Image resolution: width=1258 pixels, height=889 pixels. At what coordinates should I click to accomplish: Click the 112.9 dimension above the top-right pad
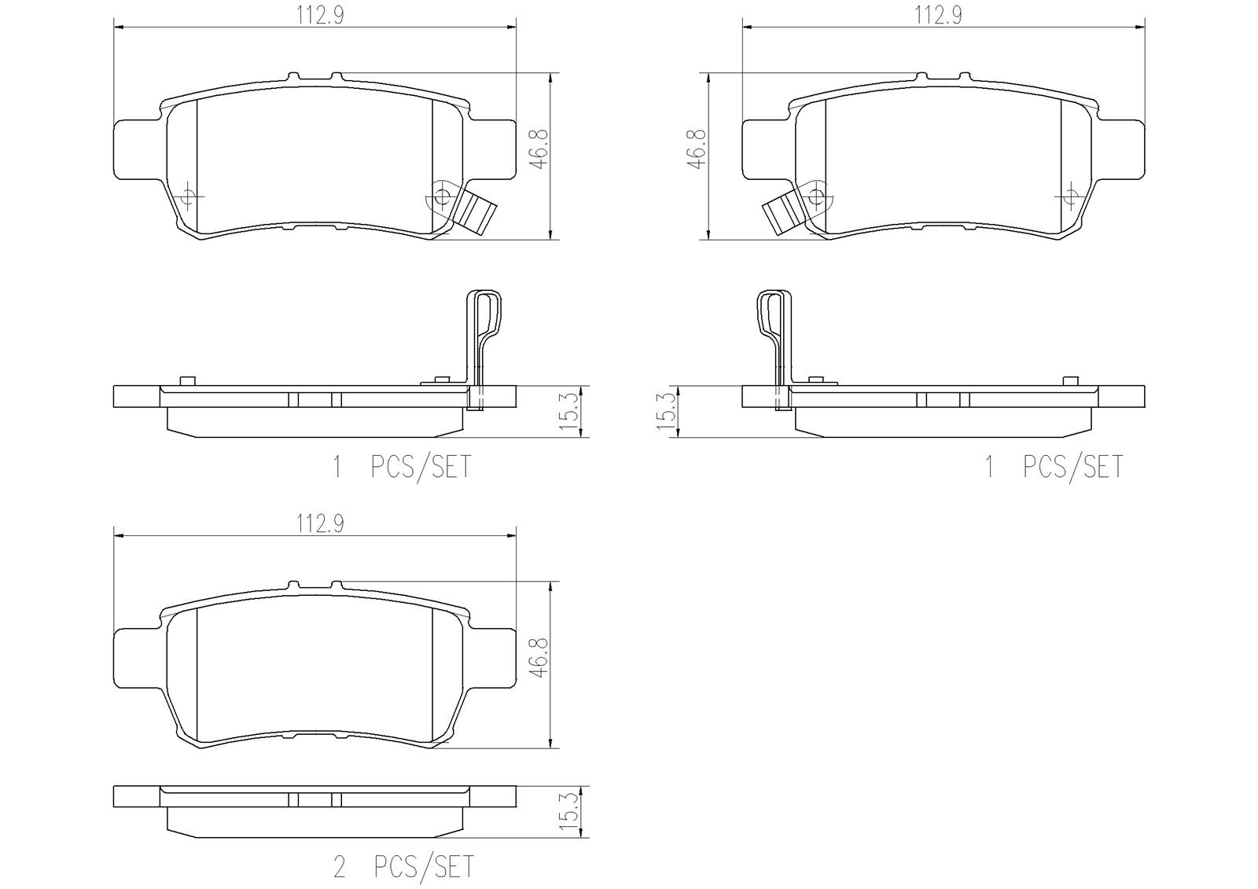coord(938,16)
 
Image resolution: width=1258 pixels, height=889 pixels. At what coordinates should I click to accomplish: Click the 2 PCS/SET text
coord(404,867)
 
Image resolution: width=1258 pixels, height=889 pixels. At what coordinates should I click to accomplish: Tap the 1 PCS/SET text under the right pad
coord(1054,467)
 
